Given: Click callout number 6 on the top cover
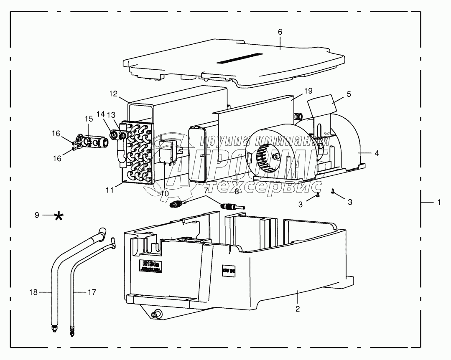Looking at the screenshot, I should click(280, 32).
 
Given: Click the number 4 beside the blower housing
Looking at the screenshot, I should click(376, 153).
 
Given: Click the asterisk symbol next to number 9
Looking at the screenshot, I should click(60, 216).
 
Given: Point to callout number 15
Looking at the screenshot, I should click(89, 119).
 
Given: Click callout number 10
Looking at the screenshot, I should click(164, 193).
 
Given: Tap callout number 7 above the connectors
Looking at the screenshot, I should click(206, 190).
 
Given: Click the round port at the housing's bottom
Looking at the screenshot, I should click(158, 314).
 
